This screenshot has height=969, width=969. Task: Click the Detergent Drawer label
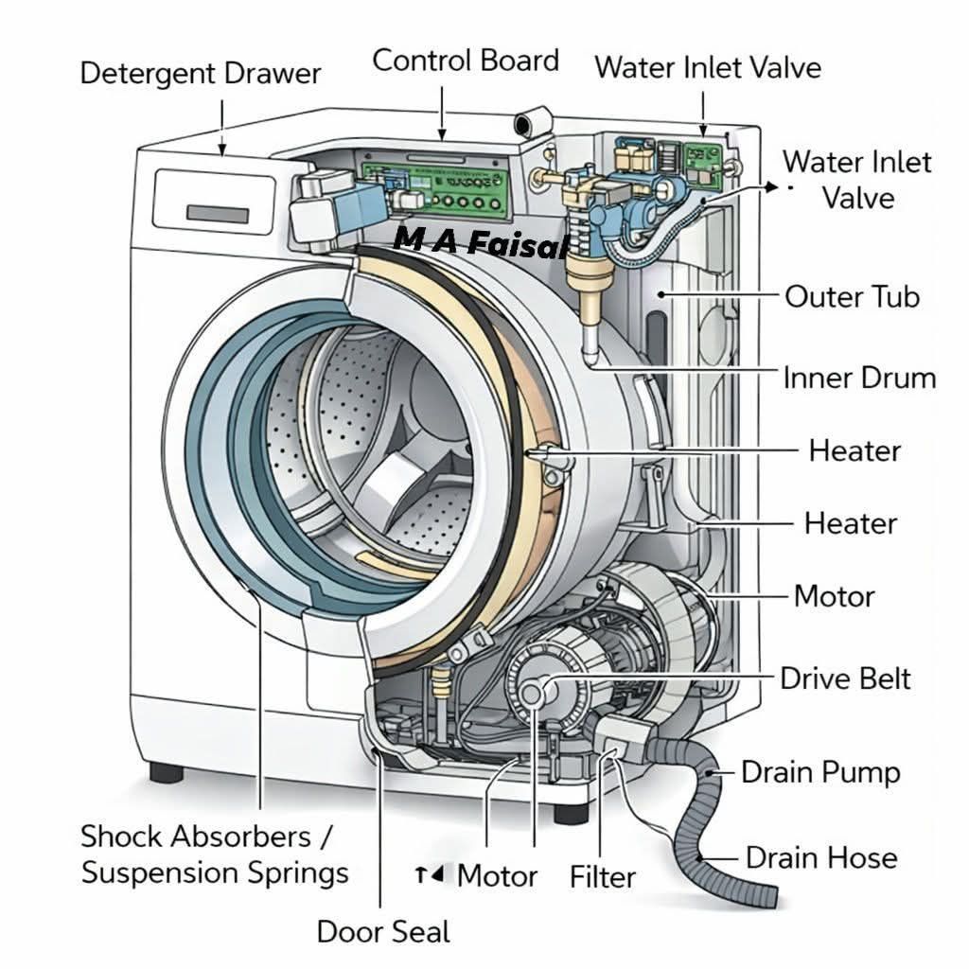point(201,74)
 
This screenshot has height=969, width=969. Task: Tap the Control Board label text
point(466,61)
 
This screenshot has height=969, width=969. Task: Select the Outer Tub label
point(852,296)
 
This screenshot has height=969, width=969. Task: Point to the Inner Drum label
point(859,379)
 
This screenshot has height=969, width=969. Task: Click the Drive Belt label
point(845,678)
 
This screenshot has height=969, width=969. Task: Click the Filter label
point(603,876)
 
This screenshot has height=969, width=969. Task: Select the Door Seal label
point(383,931)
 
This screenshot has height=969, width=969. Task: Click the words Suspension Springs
point(215,872)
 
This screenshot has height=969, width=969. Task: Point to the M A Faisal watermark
point(481,243)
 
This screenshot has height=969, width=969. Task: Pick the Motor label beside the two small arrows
point(497,875)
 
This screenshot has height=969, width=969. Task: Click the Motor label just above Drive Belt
point(834,596)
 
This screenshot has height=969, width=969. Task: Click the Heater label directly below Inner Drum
point(854,450)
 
